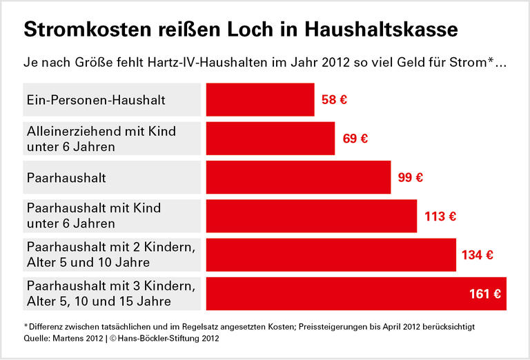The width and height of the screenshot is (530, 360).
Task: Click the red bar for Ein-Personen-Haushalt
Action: [260, 100]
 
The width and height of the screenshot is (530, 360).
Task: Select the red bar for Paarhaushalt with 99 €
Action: [298, 177]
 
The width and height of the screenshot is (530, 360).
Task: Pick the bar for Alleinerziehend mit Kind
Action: [270, 139]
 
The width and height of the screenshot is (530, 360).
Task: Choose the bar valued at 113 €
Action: [311, 216]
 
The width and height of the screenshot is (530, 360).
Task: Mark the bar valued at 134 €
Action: [331, 255]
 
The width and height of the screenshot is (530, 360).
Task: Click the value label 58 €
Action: [334, 100]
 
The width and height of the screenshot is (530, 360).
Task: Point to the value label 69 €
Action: [355, 139]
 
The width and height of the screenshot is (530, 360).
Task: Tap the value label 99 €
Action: [411, 177]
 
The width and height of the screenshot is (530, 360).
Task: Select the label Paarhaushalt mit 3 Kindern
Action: [110, 286]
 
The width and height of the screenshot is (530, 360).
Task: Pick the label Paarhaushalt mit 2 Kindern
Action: [110, 247]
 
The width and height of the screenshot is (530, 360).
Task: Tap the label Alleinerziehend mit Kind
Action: [101, 131]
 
